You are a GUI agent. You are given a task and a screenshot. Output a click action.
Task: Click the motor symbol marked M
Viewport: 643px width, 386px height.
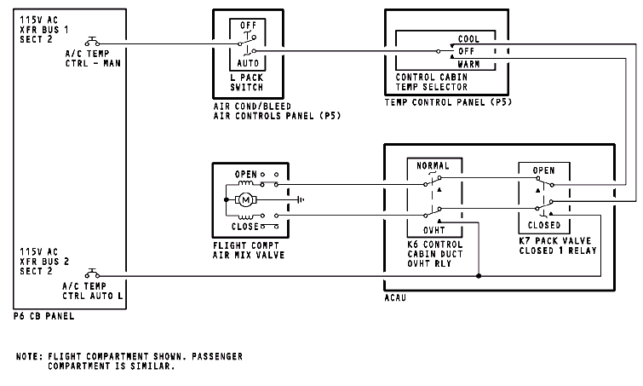tap(245, 201)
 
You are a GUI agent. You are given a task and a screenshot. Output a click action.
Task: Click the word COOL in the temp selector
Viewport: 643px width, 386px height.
tap(468, 39)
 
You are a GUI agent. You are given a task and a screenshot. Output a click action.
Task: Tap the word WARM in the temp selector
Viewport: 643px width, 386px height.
tap(468, 64)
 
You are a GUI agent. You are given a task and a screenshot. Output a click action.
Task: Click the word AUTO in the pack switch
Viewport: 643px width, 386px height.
tap(247, 62)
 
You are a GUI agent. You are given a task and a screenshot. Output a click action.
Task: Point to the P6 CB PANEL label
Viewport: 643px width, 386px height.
tap(44, 315)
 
